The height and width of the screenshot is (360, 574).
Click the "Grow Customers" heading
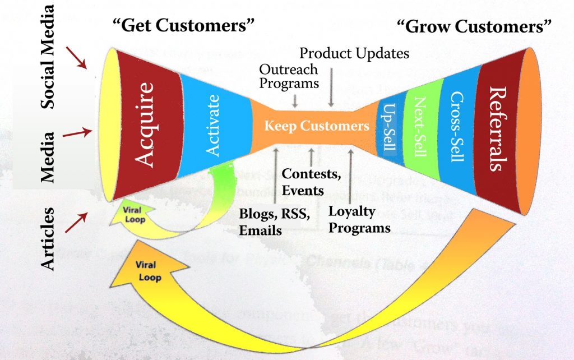click(474, 26)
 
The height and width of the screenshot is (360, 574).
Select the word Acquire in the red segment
click(145, 124)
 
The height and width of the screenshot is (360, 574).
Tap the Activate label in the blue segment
click(214, 125)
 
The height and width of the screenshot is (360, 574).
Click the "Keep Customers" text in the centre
click(317, 126)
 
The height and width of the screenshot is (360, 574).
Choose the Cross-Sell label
click(456, 127)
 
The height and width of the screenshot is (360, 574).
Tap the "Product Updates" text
click(354, 54)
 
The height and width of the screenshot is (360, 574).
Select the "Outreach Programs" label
click(289, 76)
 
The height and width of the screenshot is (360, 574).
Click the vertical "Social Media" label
click(49, 56)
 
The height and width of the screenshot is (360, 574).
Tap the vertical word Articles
click(49, 239)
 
